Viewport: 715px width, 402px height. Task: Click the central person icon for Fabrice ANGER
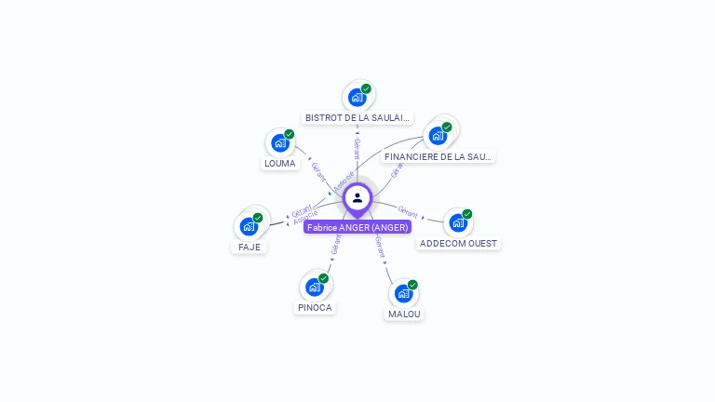(x=357, y=198)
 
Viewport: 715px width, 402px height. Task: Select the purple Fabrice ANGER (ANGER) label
(x=357, y=227)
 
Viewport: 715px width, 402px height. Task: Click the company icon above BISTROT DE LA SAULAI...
(x=357, y=97)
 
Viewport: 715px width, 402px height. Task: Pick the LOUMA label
(x=279, y=164)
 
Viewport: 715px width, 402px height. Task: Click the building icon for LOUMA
(x=279, y=142)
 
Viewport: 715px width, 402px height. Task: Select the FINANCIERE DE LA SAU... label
(x=438, y=156)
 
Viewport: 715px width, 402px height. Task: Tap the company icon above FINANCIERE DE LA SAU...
(x=437, y=135)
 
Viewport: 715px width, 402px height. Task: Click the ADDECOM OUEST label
(x=458, y=244)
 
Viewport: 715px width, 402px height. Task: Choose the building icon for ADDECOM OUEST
(x=457, y=222)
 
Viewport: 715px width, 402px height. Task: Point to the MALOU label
(x=404, y=315)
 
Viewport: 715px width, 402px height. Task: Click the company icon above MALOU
(x=403, y=293)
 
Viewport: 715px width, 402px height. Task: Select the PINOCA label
(x=315, y=308)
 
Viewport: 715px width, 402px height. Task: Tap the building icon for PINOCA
(x=315, y=287)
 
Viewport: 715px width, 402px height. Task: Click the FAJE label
(x=250, y=248)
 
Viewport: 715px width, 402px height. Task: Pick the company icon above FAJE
(x=249, y=226)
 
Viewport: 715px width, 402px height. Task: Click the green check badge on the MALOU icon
(x=412, y=285)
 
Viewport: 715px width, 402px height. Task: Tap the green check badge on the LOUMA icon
(x=289, y=134)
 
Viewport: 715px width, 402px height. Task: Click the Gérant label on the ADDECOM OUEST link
(x=408, y=210)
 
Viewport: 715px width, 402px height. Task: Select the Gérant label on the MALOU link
(x=380, y=247)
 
